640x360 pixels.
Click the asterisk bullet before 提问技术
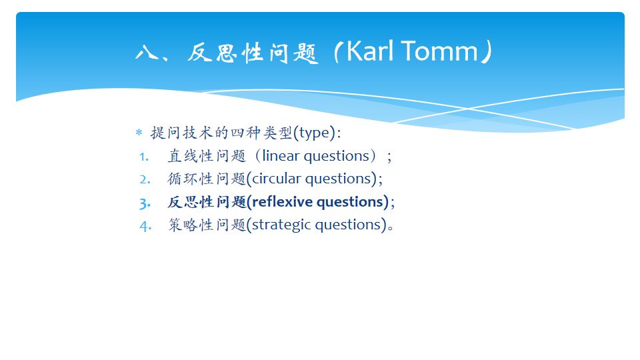tap(139, 133)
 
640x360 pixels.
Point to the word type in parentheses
tap(314, 133)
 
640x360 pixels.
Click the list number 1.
tap(144, 157)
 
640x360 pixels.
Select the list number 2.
tap(145, 179)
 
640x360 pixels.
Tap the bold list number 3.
tap(145, 203)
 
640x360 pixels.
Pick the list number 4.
tap(145, 226)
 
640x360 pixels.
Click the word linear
tap(281, 156)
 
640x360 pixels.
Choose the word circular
tap(276, 179)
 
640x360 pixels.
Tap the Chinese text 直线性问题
tap(207, 156)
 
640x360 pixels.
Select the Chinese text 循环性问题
tap(207, 179)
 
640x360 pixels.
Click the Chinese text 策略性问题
tap(207, 225)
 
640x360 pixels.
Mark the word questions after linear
tap(337, 156)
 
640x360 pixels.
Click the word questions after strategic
tap(348, 225)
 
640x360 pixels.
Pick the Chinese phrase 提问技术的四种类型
tap(221, 133)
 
